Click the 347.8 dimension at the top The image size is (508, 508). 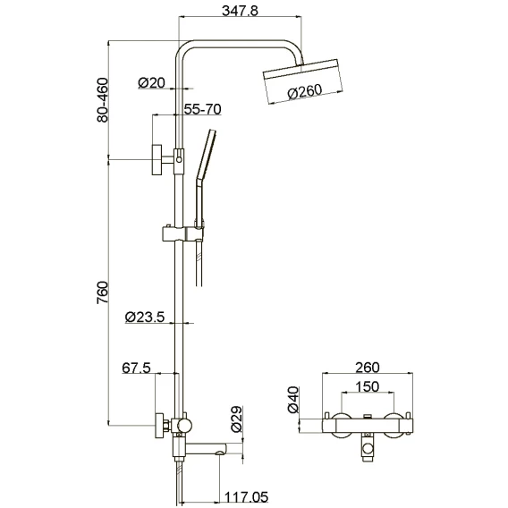point(240,11)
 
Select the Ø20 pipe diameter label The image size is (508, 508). point(152,82)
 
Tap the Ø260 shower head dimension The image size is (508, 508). point(305,92)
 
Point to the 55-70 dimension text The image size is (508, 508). point(202,109)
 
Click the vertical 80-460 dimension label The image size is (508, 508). point(102,99)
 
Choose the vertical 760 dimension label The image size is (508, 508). point(102,292)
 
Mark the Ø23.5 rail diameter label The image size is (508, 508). point(145,317)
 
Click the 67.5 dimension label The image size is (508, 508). point(137,368)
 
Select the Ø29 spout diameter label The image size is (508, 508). point(236,419)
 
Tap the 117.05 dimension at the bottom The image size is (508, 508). point(246,496)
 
